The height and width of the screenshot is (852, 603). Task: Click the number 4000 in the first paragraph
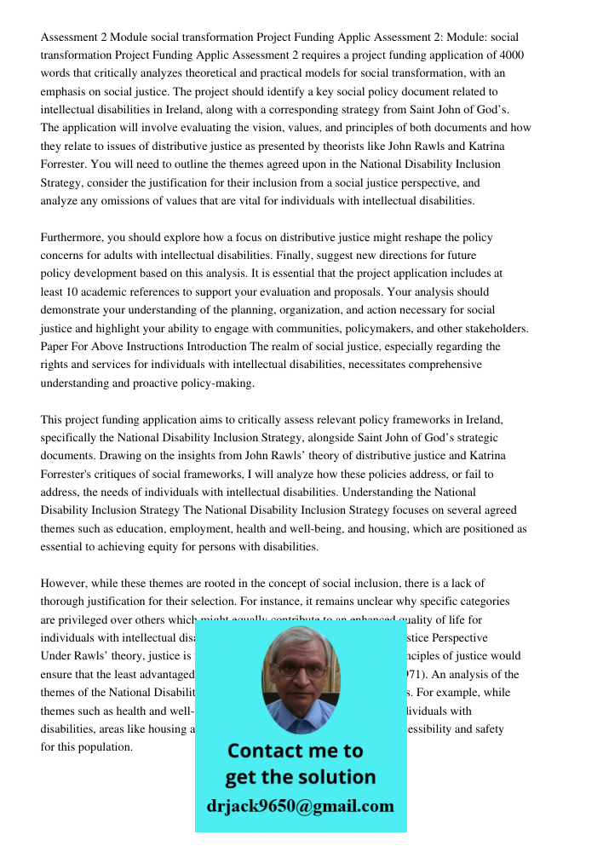pyautogui.click(x=508, y=55)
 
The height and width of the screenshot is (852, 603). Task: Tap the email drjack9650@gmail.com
pyautogui.click(x=301, y=806)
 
